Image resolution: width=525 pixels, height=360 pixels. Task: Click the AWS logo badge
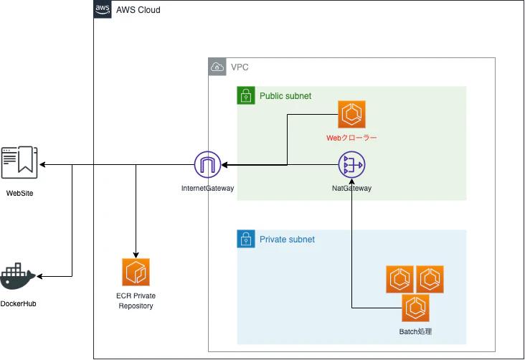pyautogui.click(x=103, y=10)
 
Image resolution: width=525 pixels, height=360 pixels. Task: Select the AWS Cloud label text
pyautogui.click(x=138, y=10)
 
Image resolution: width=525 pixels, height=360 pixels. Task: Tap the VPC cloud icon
pyautogui.click(x=217, y=67)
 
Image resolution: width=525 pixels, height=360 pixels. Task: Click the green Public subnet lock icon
pyautogui.click(x=247, y=95)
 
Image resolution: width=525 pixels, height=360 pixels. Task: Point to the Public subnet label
pyautogui.click(x=285, y=95)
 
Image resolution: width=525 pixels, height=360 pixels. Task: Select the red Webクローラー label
pyautogui.click(x=352, y=136)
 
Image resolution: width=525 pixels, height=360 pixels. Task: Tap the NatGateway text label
pyautogui.click(x=351, y=189)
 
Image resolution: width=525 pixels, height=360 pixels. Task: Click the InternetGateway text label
pyautogui.click(x=208, y=189)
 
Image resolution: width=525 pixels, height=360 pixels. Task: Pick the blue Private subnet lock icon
pyautogui.click(x=247, y=239)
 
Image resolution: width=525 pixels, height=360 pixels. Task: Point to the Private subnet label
pyautogui.click(x=287, y=239)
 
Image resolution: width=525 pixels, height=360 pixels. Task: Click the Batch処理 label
pyautogui.click(x=415, y=331)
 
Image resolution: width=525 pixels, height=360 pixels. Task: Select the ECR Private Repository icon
pyautogui.click(x=136, y=273)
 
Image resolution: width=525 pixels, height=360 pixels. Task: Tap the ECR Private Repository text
pyautogui.click(x=136, y=300)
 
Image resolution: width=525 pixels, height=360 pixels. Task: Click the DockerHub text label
pyautogui.click(x=18, y=304)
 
